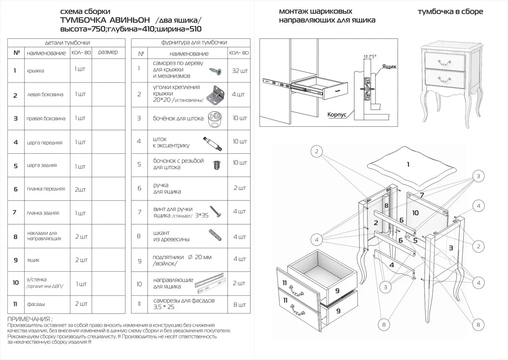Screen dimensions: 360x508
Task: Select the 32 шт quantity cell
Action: point(240,71)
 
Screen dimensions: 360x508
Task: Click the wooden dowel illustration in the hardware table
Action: point(215,235)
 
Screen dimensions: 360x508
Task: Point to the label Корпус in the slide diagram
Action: point(337,115)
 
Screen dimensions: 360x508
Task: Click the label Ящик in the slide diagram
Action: point(389,67)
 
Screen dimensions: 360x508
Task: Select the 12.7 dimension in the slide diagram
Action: point(368,57)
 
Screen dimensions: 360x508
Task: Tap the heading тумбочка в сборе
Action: point(450,12)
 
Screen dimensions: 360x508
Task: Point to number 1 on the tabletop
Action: point(408,165)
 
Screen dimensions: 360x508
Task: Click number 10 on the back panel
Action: point(415,213)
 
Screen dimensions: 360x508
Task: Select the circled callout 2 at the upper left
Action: point(317,151)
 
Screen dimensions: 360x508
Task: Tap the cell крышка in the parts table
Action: point(36,71)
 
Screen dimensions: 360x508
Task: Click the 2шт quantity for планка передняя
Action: point(80,190)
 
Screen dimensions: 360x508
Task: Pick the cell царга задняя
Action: point(42,165)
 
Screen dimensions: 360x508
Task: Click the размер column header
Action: point(108,52)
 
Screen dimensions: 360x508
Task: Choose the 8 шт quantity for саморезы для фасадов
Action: point(240,304)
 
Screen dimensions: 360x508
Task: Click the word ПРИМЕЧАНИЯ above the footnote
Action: point(29,319)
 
